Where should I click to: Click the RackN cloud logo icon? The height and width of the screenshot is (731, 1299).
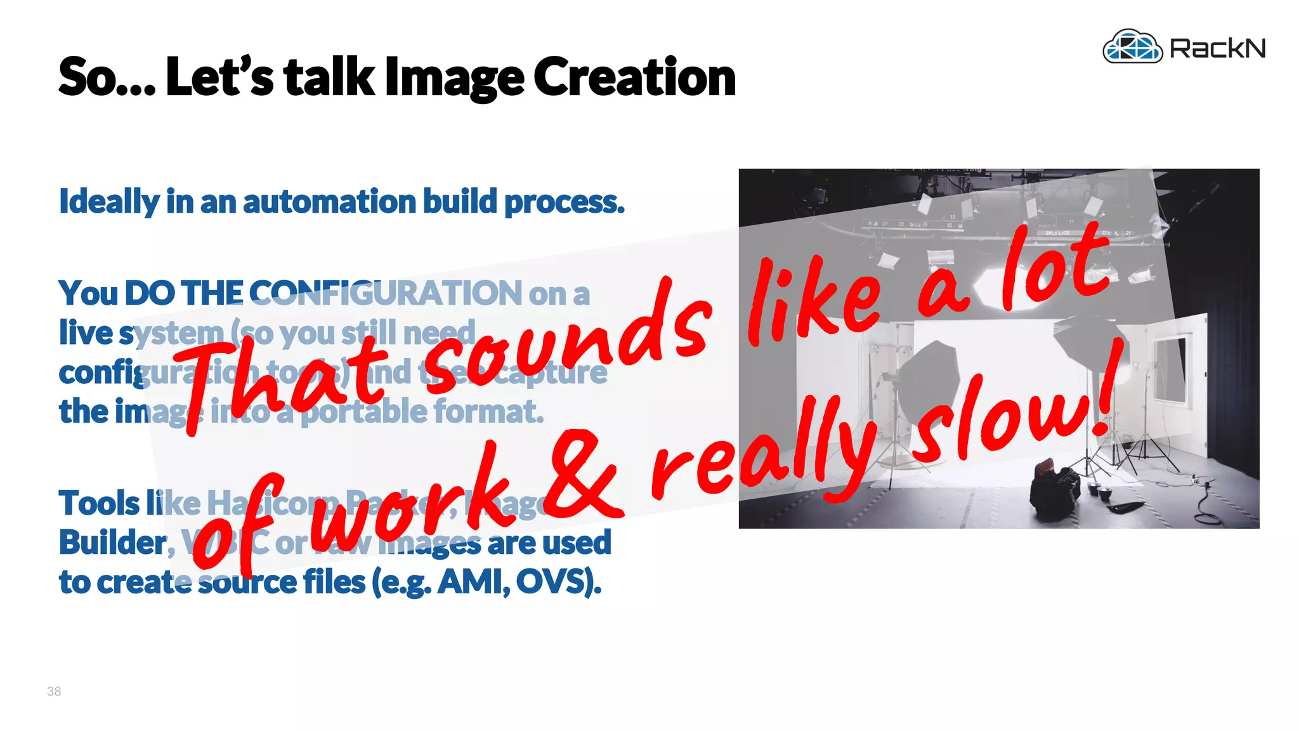(x=1132, y=46)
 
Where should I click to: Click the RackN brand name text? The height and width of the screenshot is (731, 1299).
(x=1217, y=48)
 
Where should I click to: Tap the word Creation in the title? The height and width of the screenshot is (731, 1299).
(x=634, y=77)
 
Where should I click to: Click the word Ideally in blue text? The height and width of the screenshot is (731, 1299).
(x=108, y=202)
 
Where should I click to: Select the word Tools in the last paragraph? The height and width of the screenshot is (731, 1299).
(x=99, y=503)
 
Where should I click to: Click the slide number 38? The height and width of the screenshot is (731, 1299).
(x=54, y=692)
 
